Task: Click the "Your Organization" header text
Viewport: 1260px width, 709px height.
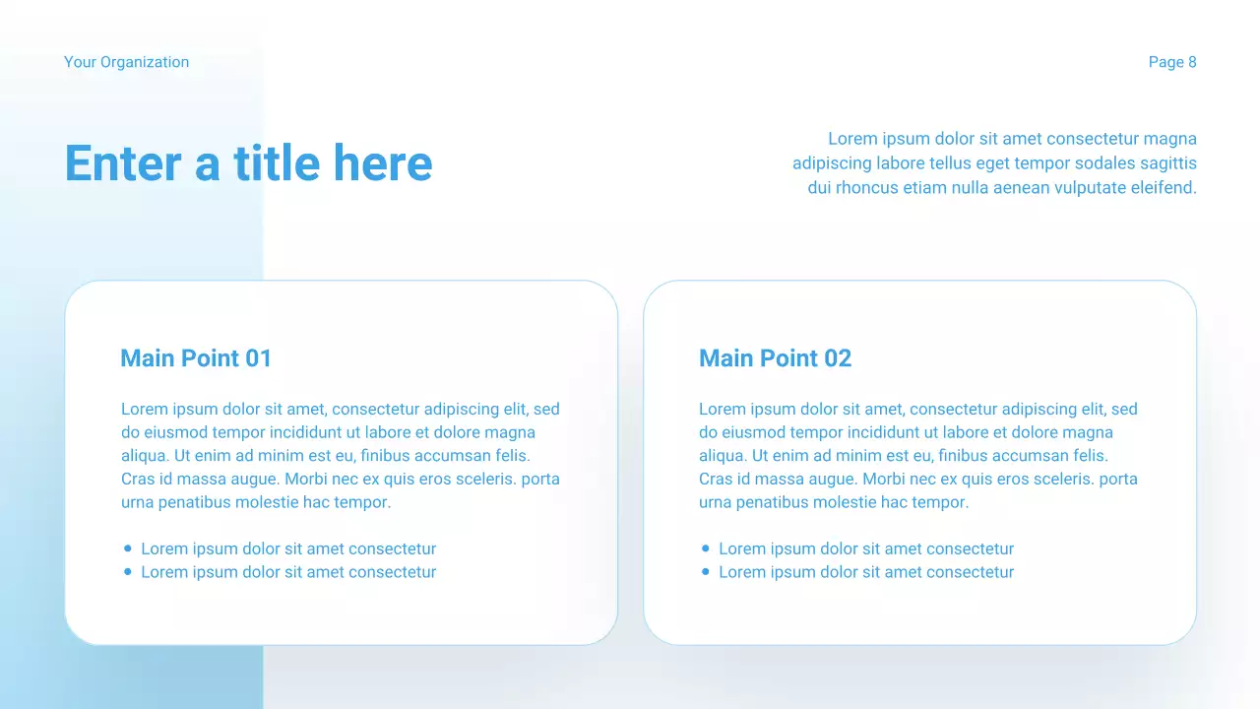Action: tap(126, 62)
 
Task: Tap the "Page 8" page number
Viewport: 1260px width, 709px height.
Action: tap(1172, 62)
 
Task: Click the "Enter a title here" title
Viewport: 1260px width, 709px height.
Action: tap(248, 163)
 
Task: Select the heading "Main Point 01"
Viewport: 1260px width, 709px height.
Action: tap(195, 358)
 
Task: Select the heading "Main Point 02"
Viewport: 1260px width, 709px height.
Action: tap(775, 358)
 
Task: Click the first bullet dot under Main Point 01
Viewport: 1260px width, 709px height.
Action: tap(128, 548)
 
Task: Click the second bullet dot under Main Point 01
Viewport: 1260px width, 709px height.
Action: tap(128, 572)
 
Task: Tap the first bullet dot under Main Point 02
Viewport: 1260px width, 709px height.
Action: tap(706, 548)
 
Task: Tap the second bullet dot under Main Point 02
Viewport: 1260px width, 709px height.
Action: tap(706, 572)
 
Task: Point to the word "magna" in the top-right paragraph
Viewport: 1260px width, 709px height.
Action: tap(1170, 139)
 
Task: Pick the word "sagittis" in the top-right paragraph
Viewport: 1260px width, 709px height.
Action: tap(1167, 163)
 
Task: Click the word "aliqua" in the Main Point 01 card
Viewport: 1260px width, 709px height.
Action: tap(144, 456)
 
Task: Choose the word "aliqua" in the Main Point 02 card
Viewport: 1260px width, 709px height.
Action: tap(722, 456)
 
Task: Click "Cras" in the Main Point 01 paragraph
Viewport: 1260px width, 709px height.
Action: tap(138, 480)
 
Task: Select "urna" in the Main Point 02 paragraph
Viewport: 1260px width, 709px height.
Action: tap(717, 502)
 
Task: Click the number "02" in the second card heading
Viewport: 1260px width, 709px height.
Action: tap(837, 358)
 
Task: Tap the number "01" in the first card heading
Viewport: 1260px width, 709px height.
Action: tap(258, 358)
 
